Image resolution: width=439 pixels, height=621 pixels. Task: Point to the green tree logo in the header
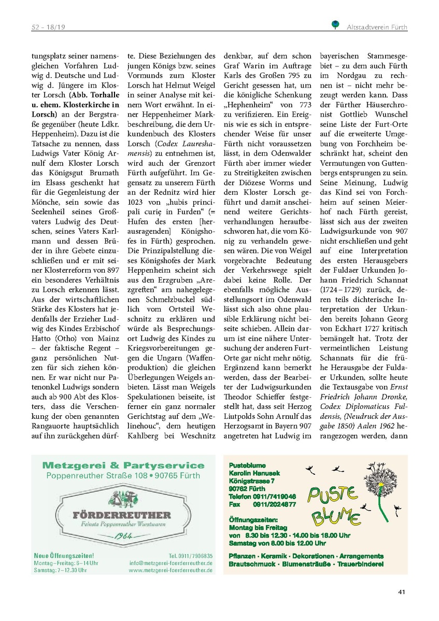coord(335,24)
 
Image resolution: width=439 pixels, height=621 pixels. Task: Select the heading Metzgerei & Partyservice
coord(123,465)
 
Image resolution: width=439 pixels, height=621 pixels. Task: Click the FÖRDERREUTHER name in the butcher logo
coord(122,515)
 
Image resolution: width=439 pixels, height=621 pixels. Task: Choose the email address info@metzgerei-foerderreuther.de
coord(171,562)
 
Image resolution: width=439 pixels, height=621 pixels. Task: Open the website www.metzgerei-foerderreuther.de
coord(171,570)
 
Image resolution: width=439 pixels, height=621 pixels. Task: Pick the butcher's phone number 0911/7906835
coord(191,555)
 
